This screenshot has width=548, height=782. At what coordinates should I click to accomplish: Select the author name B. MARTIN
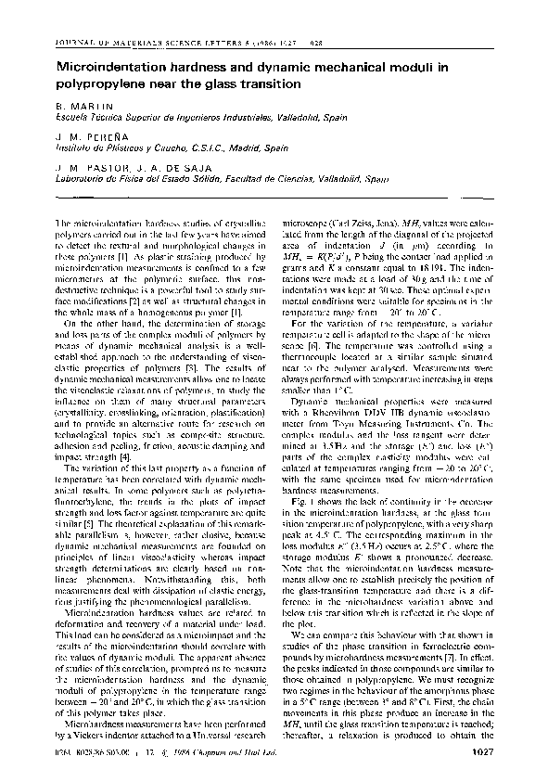point(83,109)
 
